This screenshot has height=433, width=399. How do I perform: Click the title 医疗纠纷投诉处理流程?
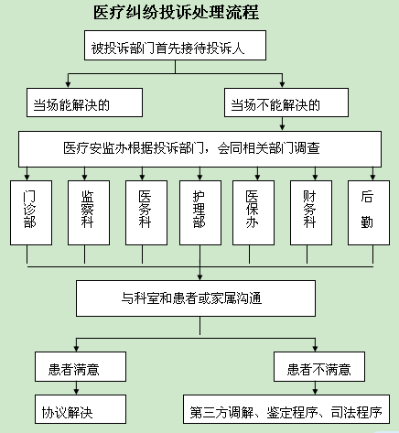177,13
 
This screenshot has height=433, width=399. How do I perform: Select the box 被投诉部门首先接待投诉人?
175,45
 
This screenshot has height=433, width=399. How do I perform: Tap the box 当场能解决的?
84,103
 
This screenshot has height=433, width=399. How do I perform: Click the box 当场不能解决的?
286,103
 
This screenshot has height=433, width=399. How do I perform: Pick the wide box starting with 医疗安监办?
199,149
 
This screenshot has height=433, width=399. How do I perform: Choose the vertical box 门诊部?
31,212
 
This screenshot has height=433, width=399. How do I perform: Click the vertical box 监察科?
89,212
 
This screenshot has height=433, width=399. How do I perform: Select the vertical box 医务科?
146,212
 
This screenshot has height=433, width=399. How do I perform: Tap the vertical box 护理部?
200,212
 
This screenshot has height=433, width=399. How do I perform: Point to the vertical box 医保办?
253,212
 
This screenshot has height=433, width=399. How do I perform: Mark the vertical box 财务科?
311,212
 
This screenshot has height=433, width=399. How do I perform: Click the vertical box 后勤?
369,212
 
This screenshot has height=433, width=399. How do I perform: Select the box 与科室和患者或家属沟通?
196,298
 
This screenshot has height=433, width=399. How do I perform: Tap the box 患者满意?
81,366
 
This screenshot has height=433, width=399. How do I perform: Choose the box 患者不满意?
319,366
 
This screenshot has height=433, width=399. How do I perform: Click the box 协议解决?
81,409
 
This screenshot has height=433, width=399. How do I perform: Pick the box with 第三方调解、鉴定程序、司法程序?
286,409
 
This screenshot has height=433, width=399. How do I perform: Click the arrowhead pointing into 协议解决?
76,392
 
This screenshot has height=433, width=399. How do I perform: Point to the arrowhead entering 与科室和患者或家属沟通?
199,277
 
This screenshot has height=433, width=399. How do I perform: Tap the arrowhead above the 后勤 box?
372,178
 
